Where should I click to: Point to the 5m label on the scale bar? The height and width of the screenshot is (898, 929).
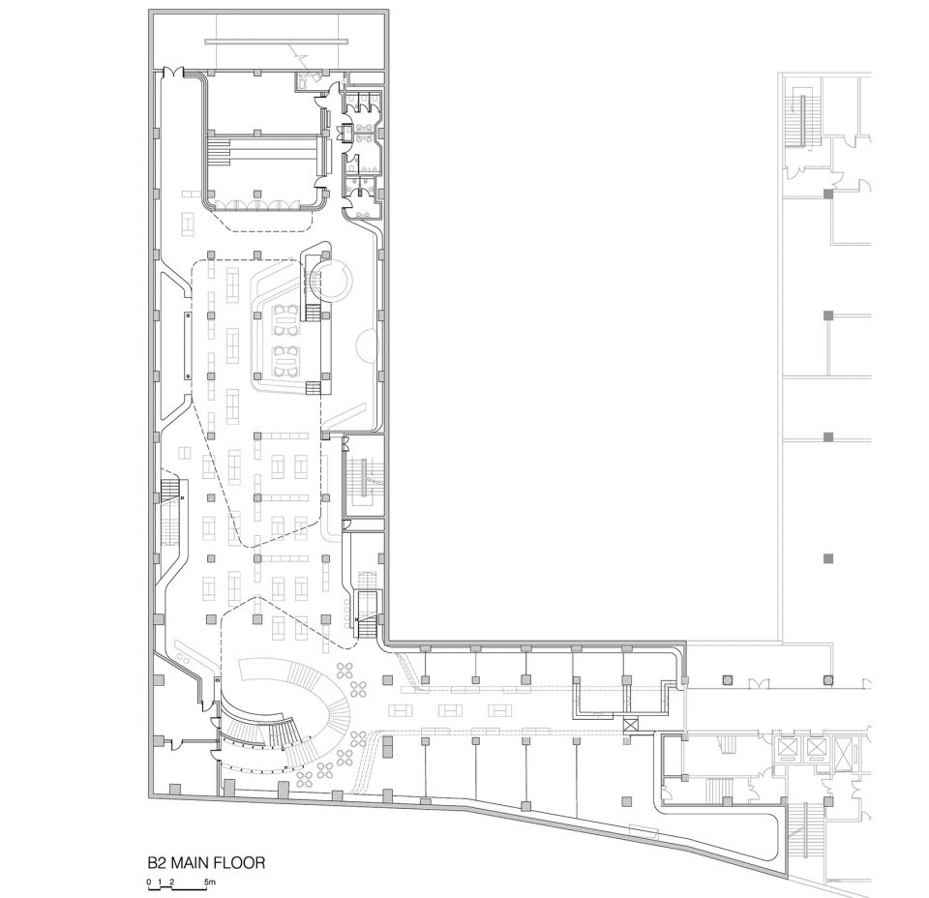pos(210,882)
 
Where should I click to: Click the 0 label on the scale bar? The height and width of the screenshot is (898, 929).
pos(149,882)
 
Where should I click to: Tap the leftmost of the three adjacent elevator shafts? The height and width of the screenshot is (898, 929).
pos(788,748)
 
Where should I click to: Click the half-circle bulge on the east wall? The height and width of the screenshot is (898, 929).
pos(368,345)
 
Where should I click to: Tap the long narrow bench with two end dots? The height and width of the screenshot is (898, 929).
pos(188,344)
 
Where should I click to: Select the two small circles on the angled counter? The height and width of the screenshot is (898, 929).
pos(183,659)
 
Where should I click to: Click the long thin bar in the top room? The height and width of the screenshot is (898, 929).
pos(277,42)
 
